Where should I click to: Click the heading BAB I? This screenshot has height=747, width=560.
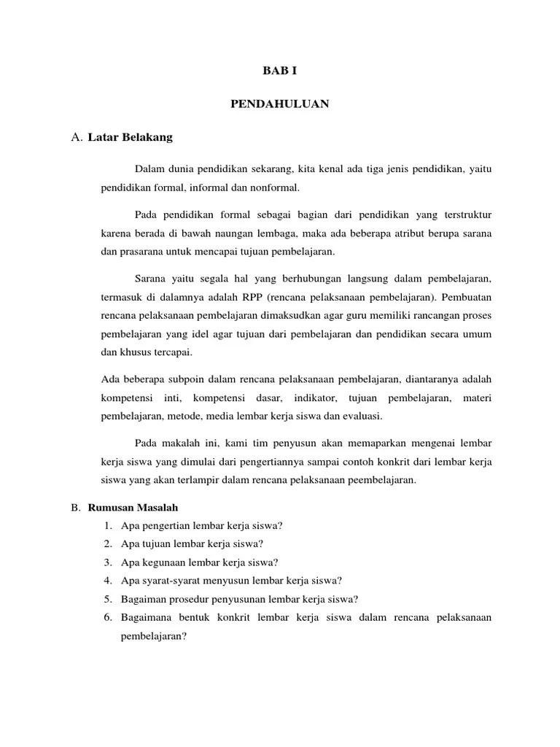tap(280, 71)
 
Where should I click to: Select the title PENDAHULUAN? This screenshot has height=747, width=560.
tap(280, 104)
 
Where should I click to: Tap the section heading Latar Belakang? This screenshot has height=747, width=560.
tap(130, 136)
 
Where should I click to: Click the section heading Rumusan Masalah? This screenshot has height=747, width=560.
tap(133, 507)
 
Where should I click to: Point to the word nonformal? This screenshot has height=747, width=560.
tap(275, 187)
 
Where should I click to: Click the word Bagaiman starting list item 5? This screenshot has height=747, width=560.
tap(144, 599)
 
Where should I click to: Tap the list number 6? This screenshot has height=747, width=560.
tap(106, 617)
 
